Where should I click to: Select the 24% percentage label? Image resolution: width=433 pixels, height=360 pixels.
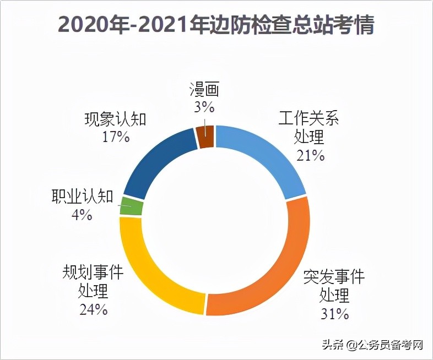(x=93, y=309)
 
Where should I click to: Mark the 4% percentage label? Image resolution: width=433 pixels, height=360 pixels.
(x=82, y=214)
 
